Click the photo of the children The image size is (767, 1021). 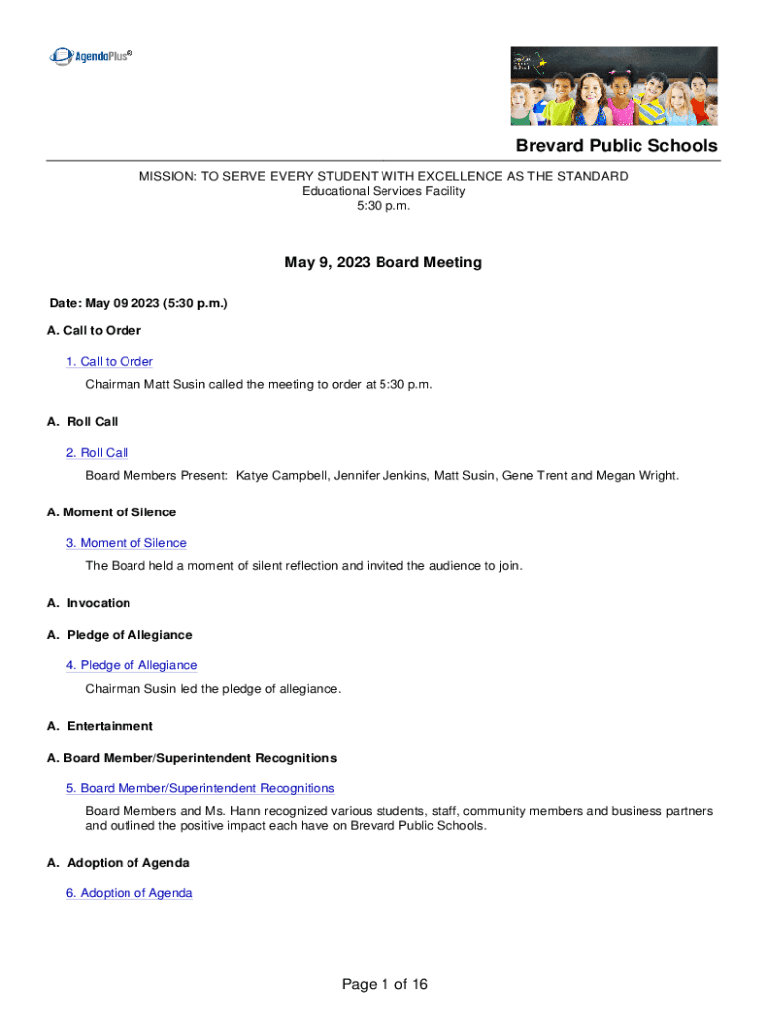tap(614, 85)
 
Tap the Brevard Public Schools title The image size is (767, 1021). tap(616, 146)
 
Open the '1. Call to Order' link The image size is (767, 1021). tap(110, 362)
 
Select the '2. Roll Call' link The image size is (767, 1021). tap(97, 453)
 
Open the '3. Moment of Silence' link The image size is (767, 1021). tap(127, 543)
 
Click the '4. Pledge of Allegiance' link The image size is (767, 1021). tap(131, 665)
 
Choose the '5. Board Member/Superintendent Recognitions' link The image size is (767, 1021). tap(200, 788)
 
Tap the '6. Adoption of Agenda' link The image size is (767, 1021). tap(129, 893)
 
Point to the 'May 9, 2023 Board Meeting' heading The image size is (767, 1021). tap(383, 263)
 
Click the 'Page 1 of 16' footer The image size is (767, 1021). tap(384, 985)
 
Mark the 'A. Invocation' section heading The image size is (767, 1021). tap(89, 603)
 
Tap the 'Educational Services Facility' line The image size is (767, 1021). tap(383, 191)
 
